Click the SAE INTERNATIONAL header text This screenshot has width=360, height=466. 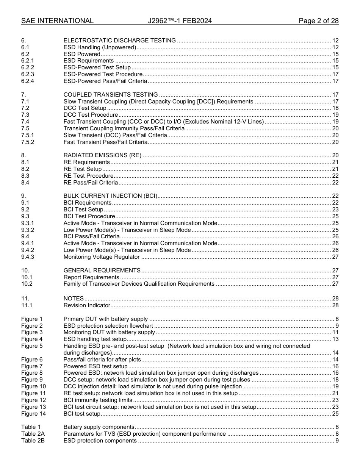57,21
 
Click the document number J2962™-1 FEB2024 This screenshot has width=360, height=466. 180,21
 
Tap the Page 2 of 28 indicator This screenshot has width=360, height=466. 318,21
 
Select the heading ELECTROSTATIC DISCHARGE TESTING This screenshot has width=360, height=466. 119,41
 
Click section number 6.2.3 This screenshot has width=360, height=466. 28,74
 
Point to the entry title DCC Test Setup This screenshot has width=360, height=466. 85,108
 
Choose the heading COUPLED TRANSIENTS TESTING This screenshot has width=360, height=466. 111,95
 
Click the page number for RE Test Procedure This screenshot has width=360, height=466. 335,176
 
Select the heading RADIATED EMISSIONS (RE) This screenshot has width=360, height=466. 102,155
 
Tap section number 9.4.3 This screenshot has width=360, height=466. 28,257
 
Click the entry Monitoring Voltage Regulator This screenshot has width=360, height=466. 102,257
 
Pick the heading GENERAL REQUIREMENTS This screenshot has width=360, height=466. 102,271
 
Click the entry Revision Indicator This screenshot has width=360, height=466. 87,305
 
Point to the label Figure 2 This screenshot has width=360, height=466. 32,326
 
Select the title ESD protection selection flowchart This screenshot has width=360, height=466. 108,326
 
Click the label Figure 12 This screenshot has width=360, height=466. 33,400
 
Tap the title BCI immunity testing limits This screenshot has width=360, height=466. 98,400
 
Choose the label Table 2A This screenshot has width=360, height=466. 33,434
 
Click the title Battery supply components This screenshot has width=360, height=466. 99,427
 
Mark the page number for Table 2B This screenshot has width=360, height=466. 337,441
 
